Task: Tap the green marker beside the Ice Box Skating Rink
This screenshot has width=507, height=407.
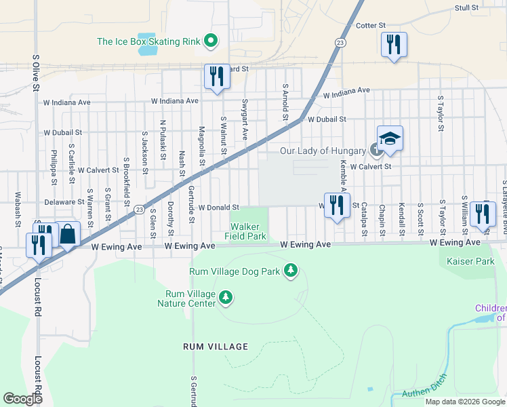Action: coord(211,41)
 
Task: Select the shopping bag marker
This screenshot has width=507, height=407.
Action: coord(69,235)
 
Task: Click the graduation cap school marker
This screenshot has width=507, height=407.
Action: coord(390,139)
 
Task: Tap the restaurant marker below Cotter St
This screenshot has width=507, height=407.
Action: coord(394,45)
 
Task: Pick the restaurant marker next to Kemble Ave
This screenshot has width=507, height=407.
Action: coord(337,206)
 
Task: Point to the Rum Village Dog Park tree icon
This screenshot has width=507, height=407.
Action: coord(291,271)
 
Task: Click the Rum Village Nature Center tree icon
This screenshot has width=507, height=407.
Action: coord(226,297)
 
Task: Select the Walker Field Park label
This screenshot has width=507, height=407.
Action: coord(247,232)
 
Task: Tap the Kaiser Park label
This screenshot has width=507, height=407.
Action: coord(467,260)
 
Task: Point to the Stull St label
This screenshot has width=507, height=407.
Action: coord(466,8)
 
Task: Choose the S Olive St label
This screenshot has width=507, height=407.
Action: coord(35,71)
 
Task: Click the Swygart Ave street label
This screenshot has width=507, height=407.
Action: coord(244,119)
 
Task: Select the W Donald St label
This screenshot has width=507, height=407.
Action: coord(219,208)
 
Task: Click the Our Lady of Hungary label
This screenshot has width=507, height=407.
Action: coord(323,151)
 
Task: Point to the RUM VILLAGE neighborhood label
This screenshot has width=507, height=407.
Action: coord(216,347)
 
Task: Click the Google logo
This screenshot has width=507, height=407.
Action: coord(23,399)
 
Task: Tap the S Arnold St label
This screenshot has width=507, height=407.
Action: coord(286,99)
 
